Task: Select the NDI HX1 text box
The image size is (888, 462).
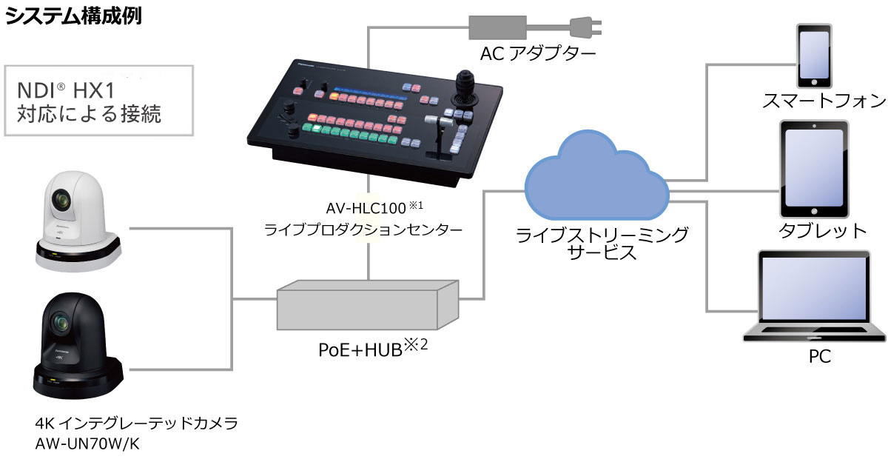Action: point(99,101)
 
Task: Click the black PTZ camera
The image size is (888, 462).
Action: point(77,346)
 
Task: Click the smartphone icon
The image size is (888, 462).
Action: point(812,56)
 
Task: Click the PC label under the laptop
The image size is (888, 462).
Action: point(819,357)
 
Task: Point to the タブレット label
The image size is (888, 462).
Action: point(822,230)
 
